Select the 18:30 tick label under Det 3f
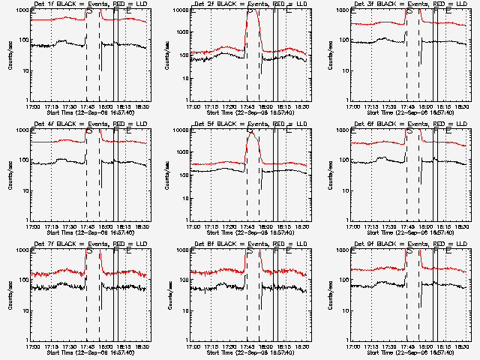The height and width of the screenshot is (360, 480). coord(462,106)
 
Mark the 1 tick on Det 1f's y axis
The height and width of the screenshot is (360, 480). coord(25,100)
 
